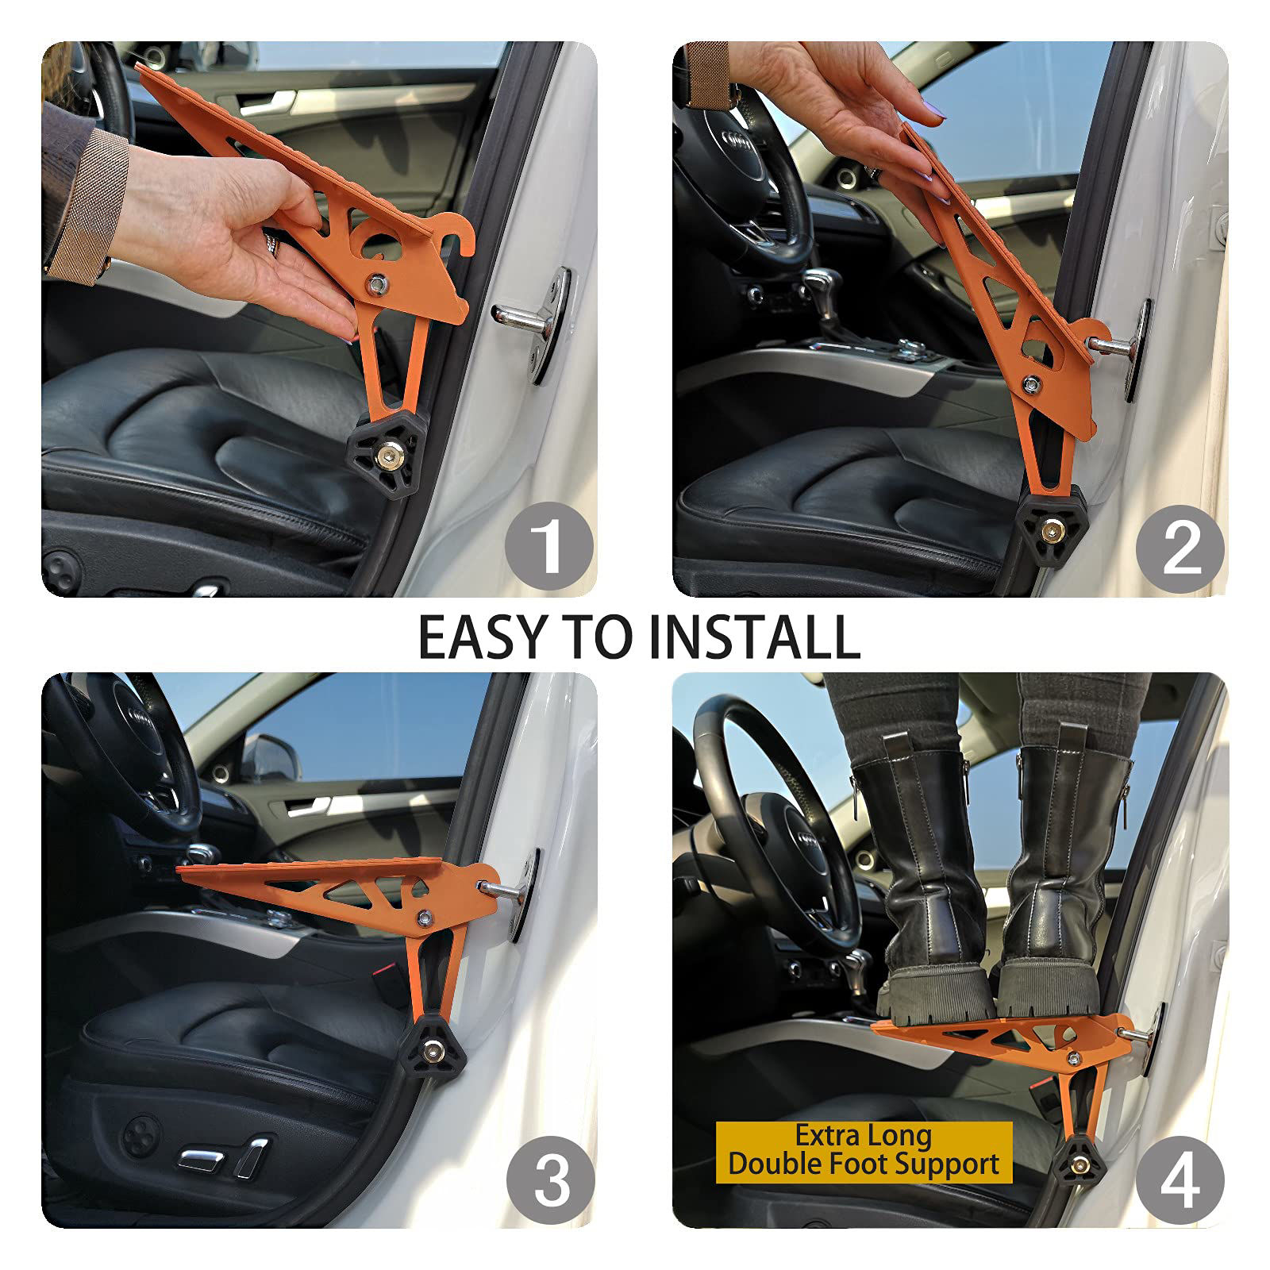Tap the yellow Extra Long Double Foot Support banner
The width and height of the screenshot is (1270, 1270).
(x=864, y=1152)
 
